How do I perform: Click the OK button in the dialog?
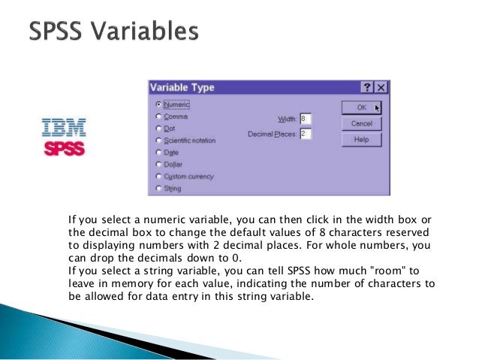tap(361, 107)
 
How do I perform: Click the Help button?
tap(361, 140)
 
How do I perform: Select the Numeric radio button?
tap(158, 105)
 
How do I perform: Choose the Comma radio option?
tap(158, 116)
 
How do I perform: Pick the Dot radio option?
tap(158, 129)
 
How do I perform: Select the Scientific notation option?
tap(158, 141)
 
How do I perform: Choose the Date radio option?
tap(158, 152)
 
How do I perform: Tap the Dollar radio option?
tap(158, 164)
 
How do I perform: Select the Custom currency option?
tap(158, 177)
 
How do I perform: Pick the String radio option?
tap(158, 189)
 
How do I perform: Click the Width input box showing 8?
tap(305, 119)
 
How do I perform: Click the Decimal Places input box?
tap(305, 134)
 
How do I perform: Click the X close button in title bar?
tap(381, 87)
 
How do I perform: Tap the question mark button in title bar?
tap(367, 87)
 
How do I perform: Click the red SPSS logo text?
tap(64, 148)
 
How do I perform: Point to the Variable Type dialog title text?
tap(182, 87)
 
